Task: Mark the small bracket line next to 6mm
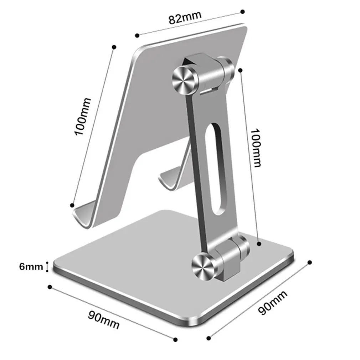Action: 46,266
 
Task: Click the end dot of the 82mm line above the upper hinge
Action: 242,11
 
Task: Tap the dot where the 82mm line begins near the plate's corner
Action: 137,35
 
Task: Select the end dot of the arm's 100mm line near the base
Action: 259,243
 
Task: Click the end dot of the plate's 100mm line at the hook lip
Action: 72,205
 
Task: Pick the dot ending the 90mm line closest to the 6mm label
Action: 50,287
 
